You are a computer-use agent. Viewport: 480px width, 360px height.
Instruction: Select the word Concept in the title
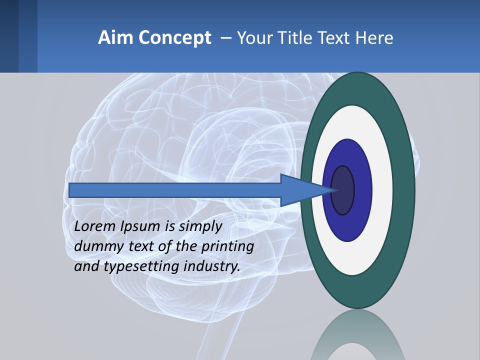tap(174, 37)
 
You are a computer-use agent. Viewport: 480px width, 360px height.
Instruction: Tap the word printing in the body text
tap(227, 246)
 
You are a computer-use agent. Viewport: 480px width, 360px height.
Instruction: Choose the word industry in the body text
tap(212, 266)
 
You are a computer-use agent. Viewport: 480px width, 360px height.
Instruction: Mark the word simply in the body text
tap(200, 226)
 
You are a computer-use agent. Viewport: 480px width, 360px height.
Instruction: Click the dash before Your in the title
tap(225, 37)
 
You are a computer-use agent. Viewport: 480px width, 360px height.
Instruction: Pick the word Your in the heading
tap(254, 37)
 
